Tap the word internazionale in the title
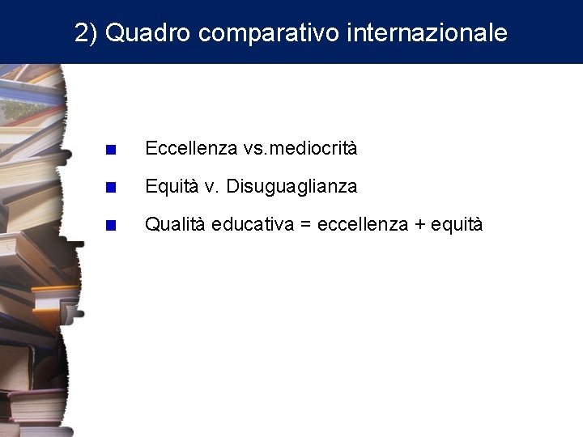tap(427, 33)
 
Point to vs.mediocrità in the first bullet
tap(300, 149)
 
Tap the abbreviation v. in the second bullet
tap(211, 187)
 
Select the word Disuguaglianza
tap(291, 187)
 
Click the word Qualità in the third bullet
tap(175, 225)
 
